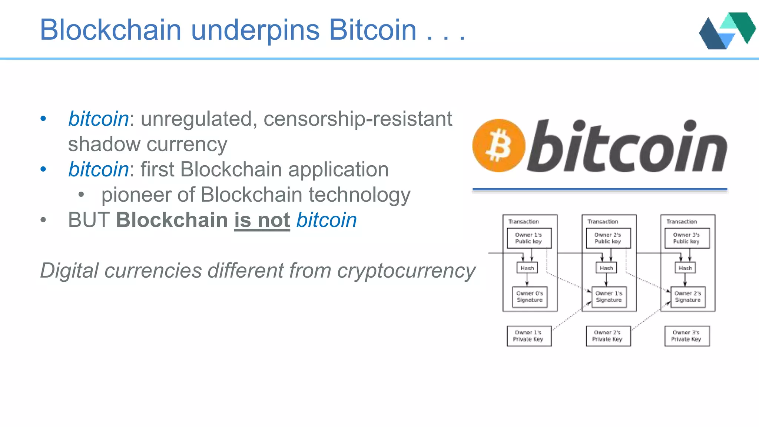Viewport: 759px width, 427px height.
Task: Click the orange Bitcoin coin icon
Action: pyautogui.click(x=498, y=145)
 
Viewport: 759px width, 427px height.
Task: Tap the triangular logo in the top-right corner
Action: pyautogui.click(x=727, y=31)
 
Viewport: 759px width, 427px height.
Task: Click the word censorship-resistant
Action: pyautogui.click(x=358, y=119)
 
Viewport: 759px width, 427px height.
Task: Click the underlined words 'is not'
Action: pyautogui.click(x=262, y=220)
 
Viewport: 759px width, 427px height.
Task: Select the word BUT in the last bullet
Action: pyautogui.click(x=89, y=220)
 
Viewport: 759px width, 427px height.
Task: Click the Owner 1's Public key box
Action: pyautogui.click(x=529, y=238)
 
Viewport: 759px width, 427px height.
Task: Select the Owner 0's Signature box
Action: pyautogui.click(x=530, y=297)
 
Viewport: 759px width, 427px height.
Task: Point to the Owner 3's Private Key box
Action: pyautogui.click(x=687, y=336)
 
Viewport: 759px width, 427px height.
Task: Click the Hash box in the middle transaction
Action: pyautogui.click(x=606, y=268)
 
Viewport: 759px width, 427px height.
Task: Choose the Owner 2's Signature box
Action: pyautogui.click(x=688, y=297)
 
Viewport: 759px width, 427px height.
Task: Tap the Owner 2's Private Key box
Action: pyautogui.click(x=608, y=336)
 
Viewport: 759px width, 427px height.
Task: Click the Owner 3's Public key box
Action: pyautogui.click(x=687, y=238)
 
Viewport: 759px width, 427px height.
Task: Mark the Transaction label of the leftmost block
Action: pyautogui.click(x=523, y=222)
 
